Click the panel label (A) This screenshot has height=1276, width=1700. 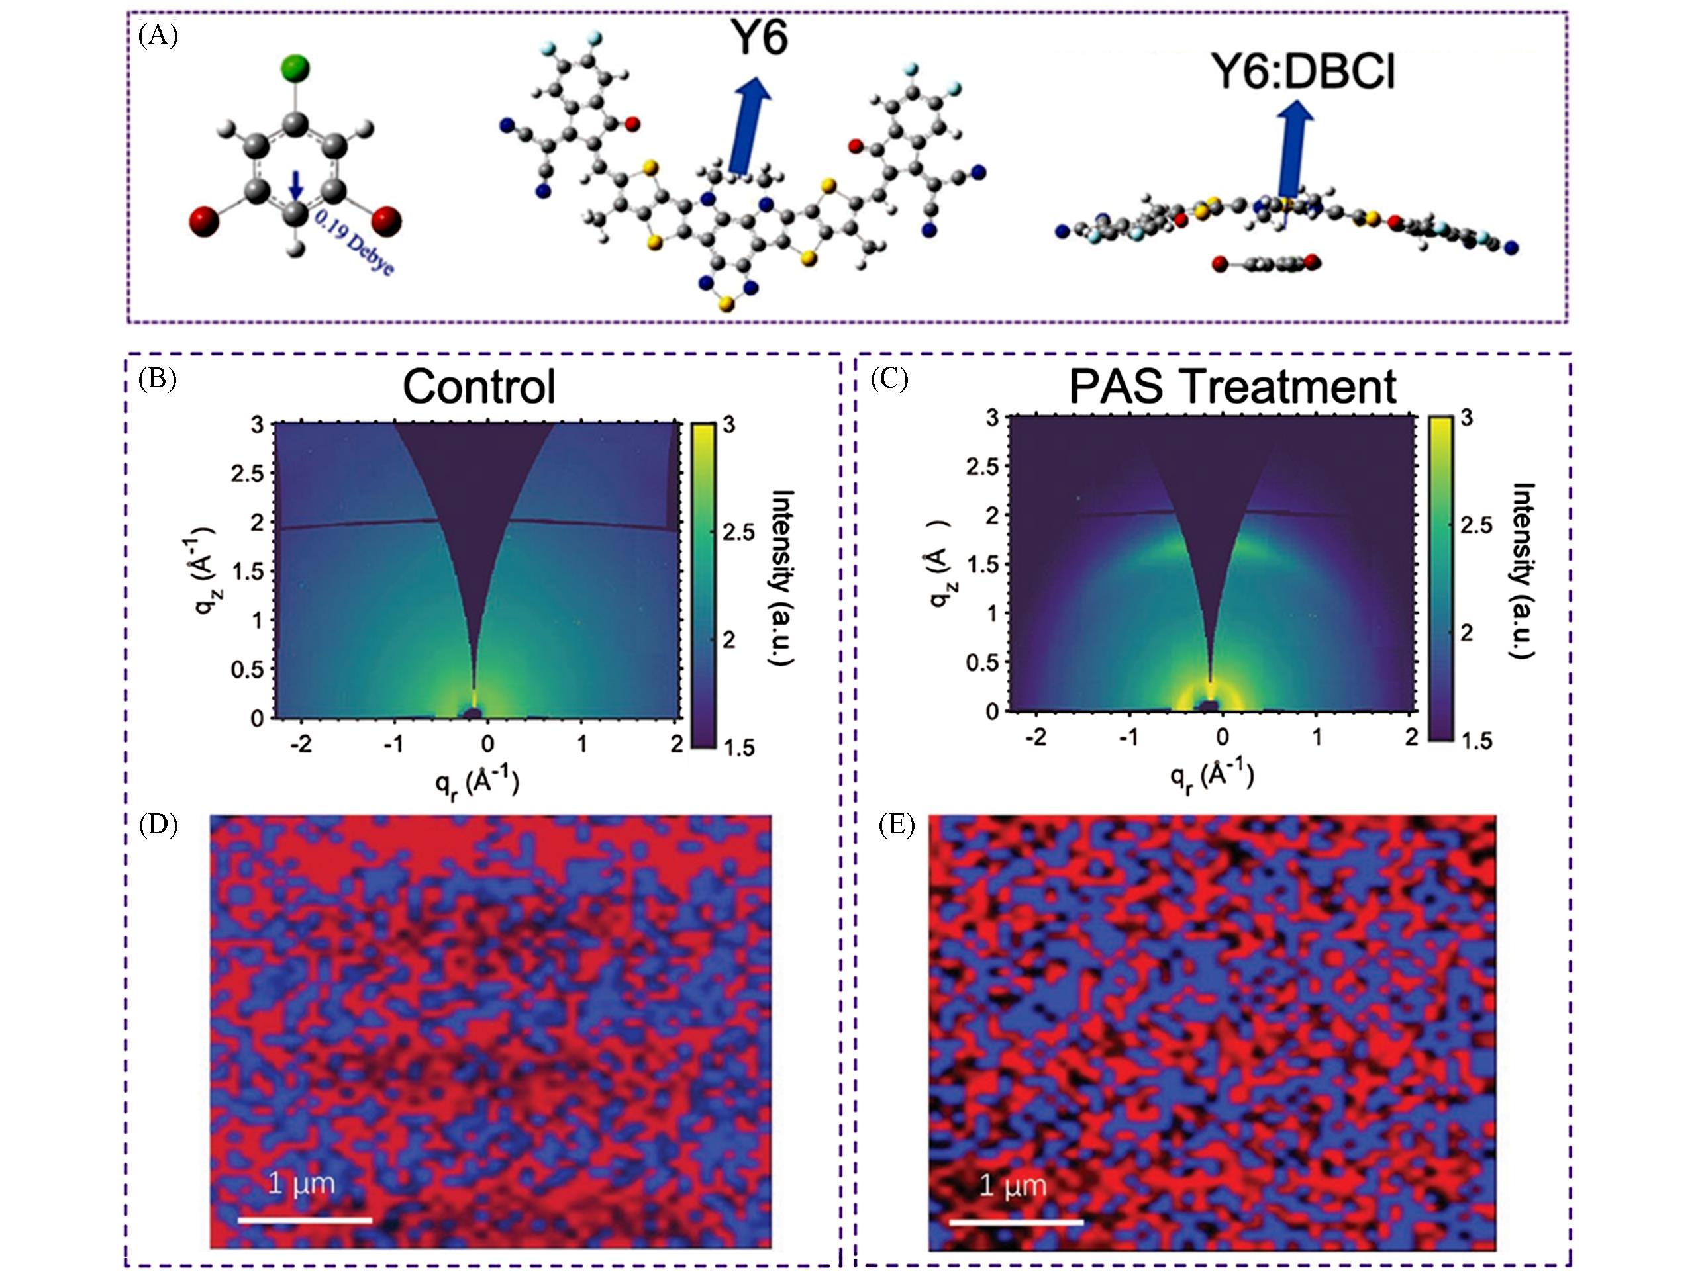pos(158,36)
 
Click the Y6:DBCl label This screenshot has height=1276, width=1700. pos(1303,72)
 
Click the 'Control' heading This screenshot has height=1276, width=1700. pos(479,387)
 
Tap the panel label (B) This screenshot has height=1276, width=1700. pos(158,379)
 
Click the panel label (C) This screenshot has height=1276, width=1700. pos(889,379)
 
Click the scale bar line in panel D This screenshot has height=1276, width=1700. pos(305,1220)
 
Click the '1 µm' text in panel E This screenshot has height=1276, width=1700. pos(1013,1186)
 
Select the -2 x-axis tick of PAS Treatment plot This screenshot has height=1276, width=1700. pos(1036,737)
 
